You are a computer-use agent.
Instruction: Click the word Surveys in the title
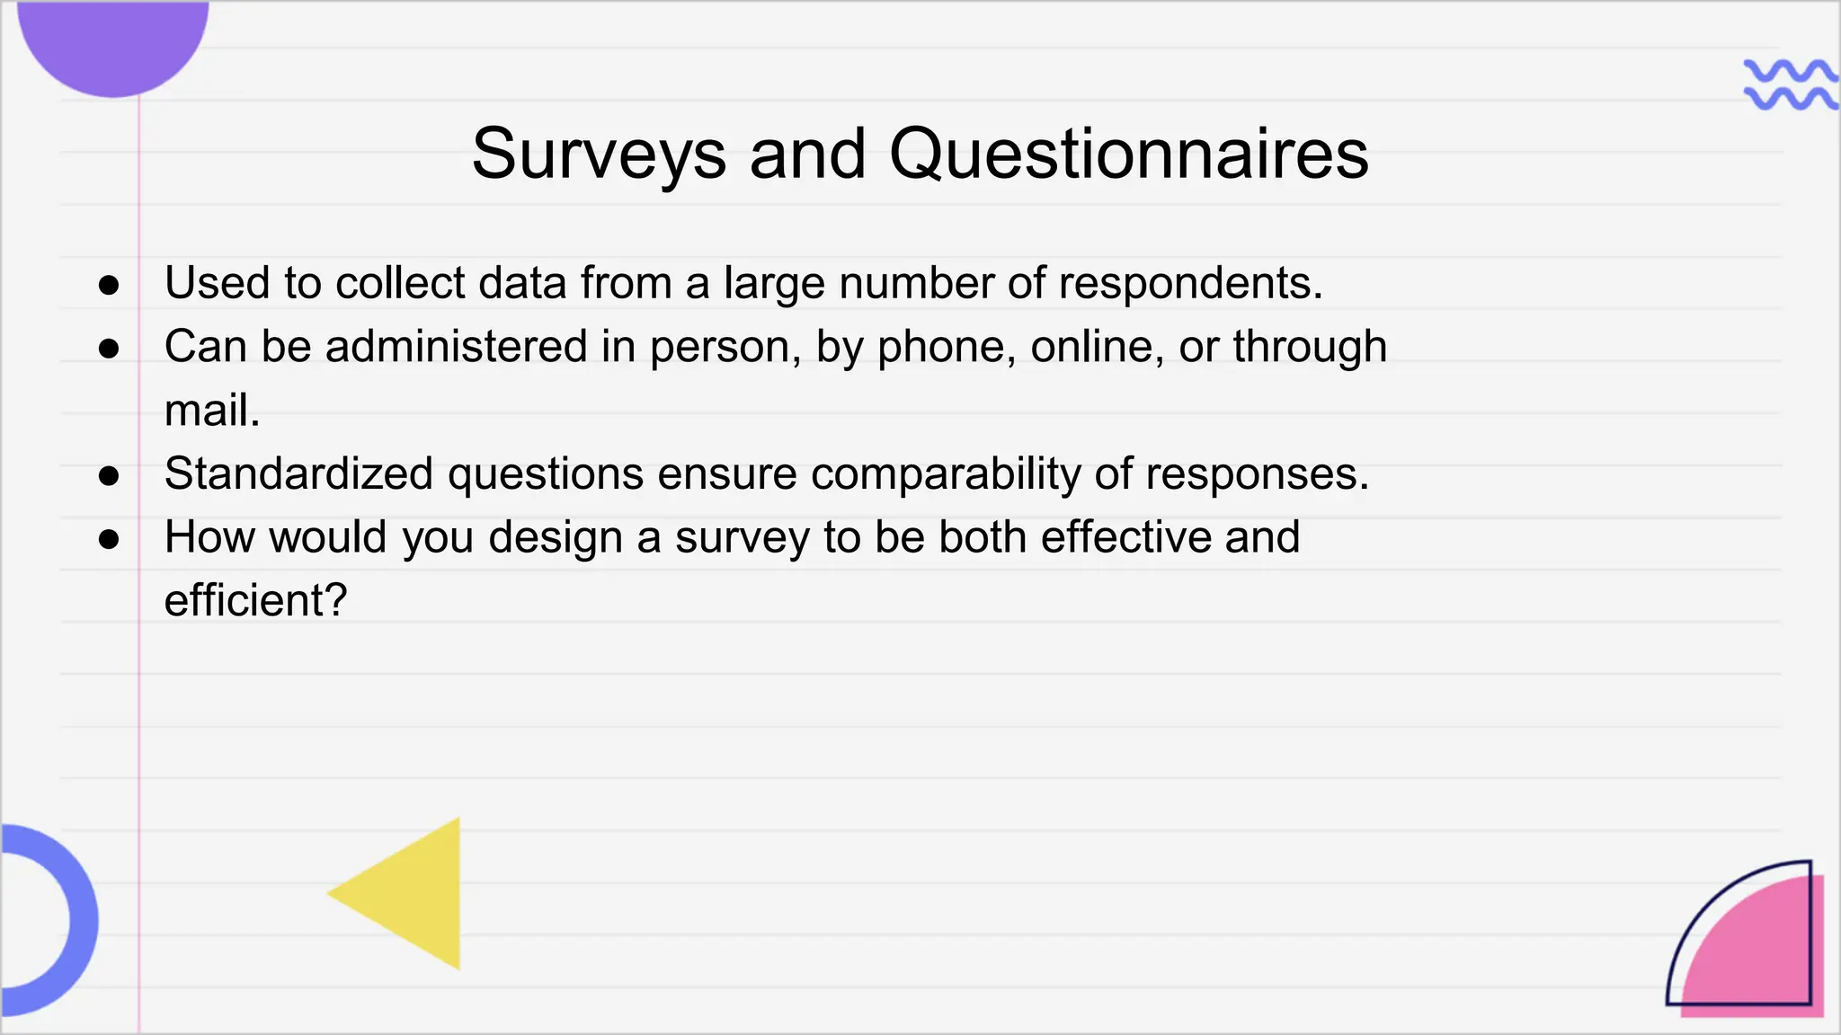(598, 155)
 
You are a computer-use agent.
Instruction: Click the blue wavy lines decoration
(1789, 84)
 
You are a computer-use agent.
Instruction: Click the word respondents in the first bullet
(1190, 284)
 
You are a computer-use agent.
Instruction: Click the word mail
(212, 411)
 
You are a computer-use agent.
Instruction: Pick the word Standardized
(298, 474)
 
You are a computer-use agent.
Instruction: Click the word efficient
(255, 601)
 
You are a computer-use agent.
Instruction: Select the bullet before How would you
(109, 539)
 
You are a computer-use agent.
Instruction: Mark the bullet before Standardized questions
(109, 476)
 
